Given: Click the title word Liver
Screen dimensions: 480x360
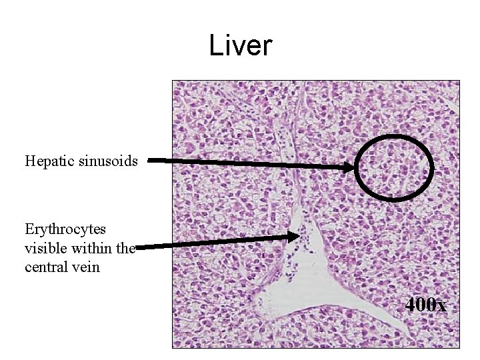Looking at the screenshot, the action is point(241,46).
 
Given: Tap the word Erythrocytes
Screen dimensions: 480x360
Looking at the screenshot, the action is point(65,229).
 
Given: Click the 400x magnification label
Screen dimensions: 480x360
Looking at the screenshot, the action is point(425,305).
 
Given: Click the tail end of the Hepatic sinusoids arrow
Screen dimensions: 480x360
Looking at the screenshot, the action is point(149,160).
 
